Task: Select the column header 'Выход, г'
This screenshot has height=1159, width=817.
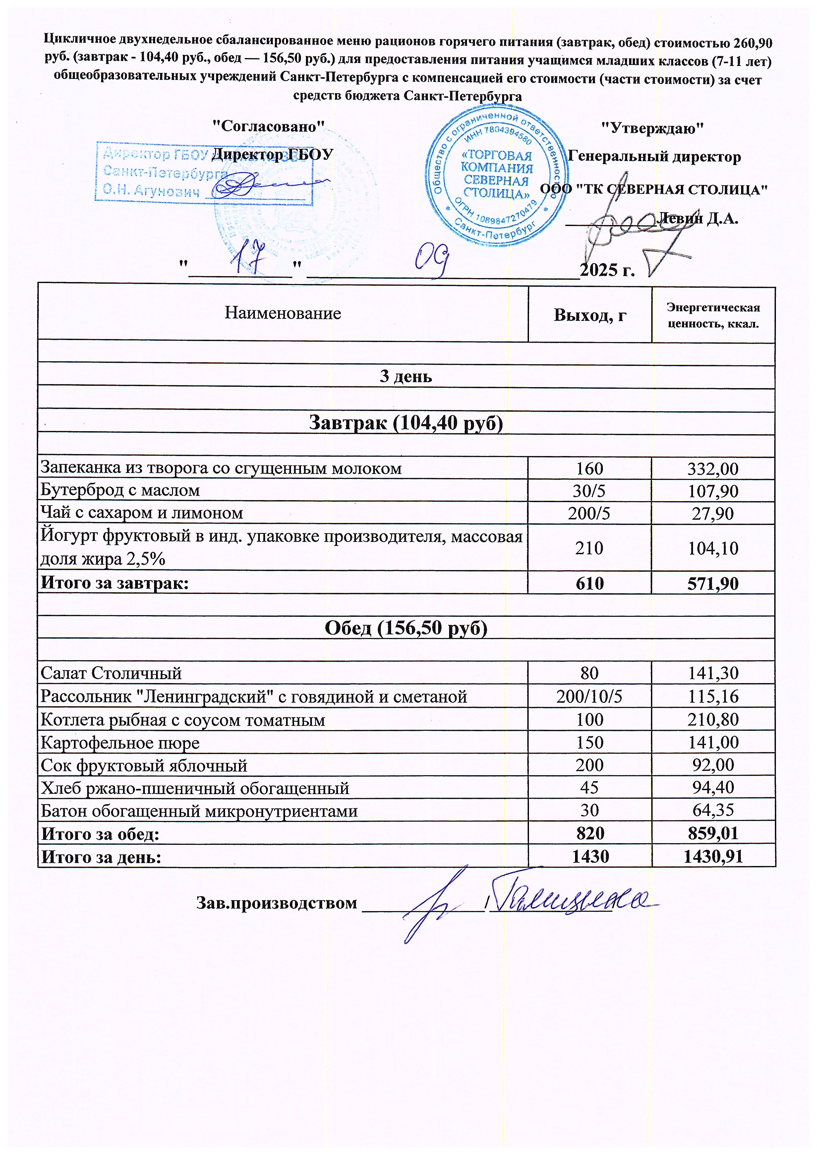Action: (590, 315)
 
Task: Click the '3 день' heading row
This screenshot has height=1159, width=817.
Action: (406, 377)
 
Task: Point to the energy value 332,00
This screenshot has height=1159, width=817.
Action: (713, 468)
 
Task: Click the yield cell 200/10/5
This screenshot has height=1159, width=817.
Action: (589, 697)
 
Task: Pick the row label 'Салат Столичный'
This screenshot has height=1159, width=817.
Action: (111, 673)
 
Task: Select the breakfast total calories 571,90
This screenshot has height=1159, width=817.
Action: (713, 584)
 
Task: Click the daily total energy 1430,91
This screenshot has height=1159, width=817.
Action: (713, 857)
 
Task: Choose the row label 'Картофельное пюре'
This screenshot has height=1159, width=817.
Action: (120, 742)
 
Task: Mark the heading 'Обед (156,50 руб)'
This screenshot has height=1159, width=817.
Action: (406, 628)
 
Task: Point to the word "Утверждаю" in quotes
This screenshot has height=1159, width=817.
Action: (652, 128)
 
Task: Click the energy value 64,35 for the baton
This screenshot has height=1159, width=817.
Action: (713, 810)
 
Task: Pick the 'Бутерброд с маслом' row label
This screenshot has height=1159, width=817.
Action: (120, 490)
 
